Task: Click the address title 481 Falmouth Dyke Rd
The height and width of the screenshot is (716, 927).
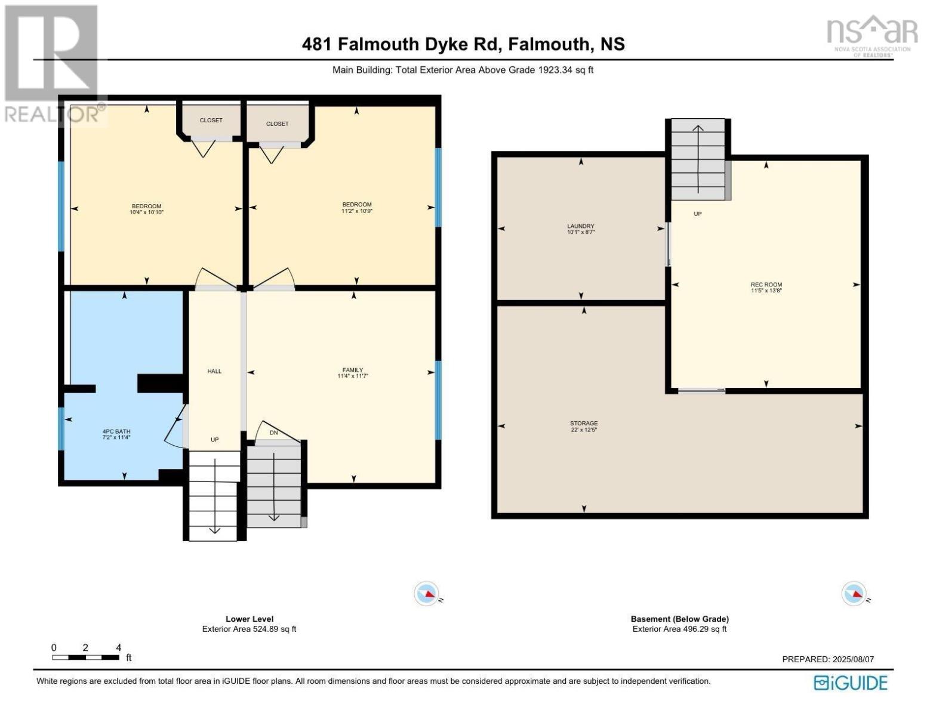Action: [x=463, y=44]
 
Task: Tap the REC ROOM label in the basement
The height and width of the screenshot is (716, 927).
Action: [x=766, y=285]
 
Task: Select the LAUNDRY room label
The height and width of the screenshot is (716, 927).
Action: [x=580, y=226]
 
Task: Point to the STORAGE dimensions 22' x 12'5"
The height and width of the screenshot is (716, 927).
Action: [x=583, y=430]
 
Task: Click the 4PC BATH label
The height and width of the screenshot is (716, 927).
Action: [x=116, y=431]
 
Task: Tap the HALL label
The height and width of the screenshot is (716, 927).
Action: [x=214, y=371]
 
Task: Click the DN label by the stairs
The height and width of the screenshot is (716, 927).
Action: [x=273, y=433]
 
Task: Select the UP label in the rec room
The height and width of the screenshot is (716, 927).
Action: [x=697, y=214]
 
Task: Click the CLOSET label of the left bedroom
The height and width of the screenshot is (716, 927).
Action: [x=211, y=120]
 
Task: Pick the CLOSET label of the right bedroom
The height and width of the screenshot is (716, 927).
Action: [x=277, y=124]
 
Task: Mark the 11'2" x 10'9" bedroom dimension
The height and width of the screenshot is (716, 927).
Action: [x=356, y=211]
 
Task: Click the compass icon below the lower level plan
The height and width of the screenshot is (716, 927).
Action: [x=427, y=594]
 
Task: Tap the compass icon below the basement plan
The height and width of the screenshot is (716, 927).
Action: [x=854, y=594]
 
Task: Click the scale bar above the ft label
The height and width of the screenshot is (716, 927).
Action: [x=85, y=658]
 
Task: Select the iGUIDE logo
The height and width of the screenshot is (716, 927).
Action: [x=851, y=683]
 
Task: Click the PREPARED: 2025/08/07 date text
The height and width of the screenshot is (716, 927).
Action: [x=827, y=659]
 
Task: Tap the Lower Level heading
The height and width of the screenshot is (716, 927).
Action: [x=250, y=619]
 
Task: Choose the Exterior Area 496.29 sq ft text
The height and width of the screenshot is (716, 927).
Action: [x=679, y=629]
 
